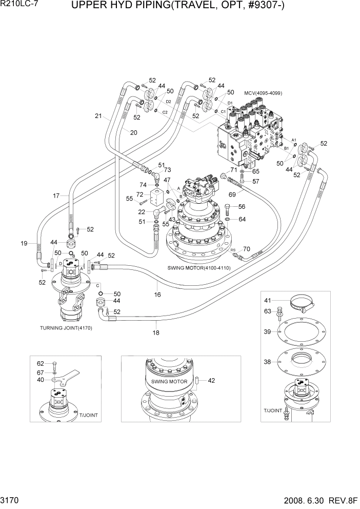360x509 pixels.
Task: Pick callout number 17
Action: point(56,195)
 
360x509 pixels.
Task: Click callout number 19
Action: point(25,243)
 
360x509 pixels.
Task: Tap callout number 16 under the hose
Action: point(157,295)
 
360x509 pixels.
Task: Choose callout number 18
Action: point(156,333)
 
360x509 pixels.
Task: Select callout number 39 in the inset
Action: point(267,332)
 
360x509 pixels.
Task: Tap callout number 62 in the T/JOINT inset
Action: point(41,363)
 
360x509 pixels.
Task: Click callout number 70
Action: point(247,249)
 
